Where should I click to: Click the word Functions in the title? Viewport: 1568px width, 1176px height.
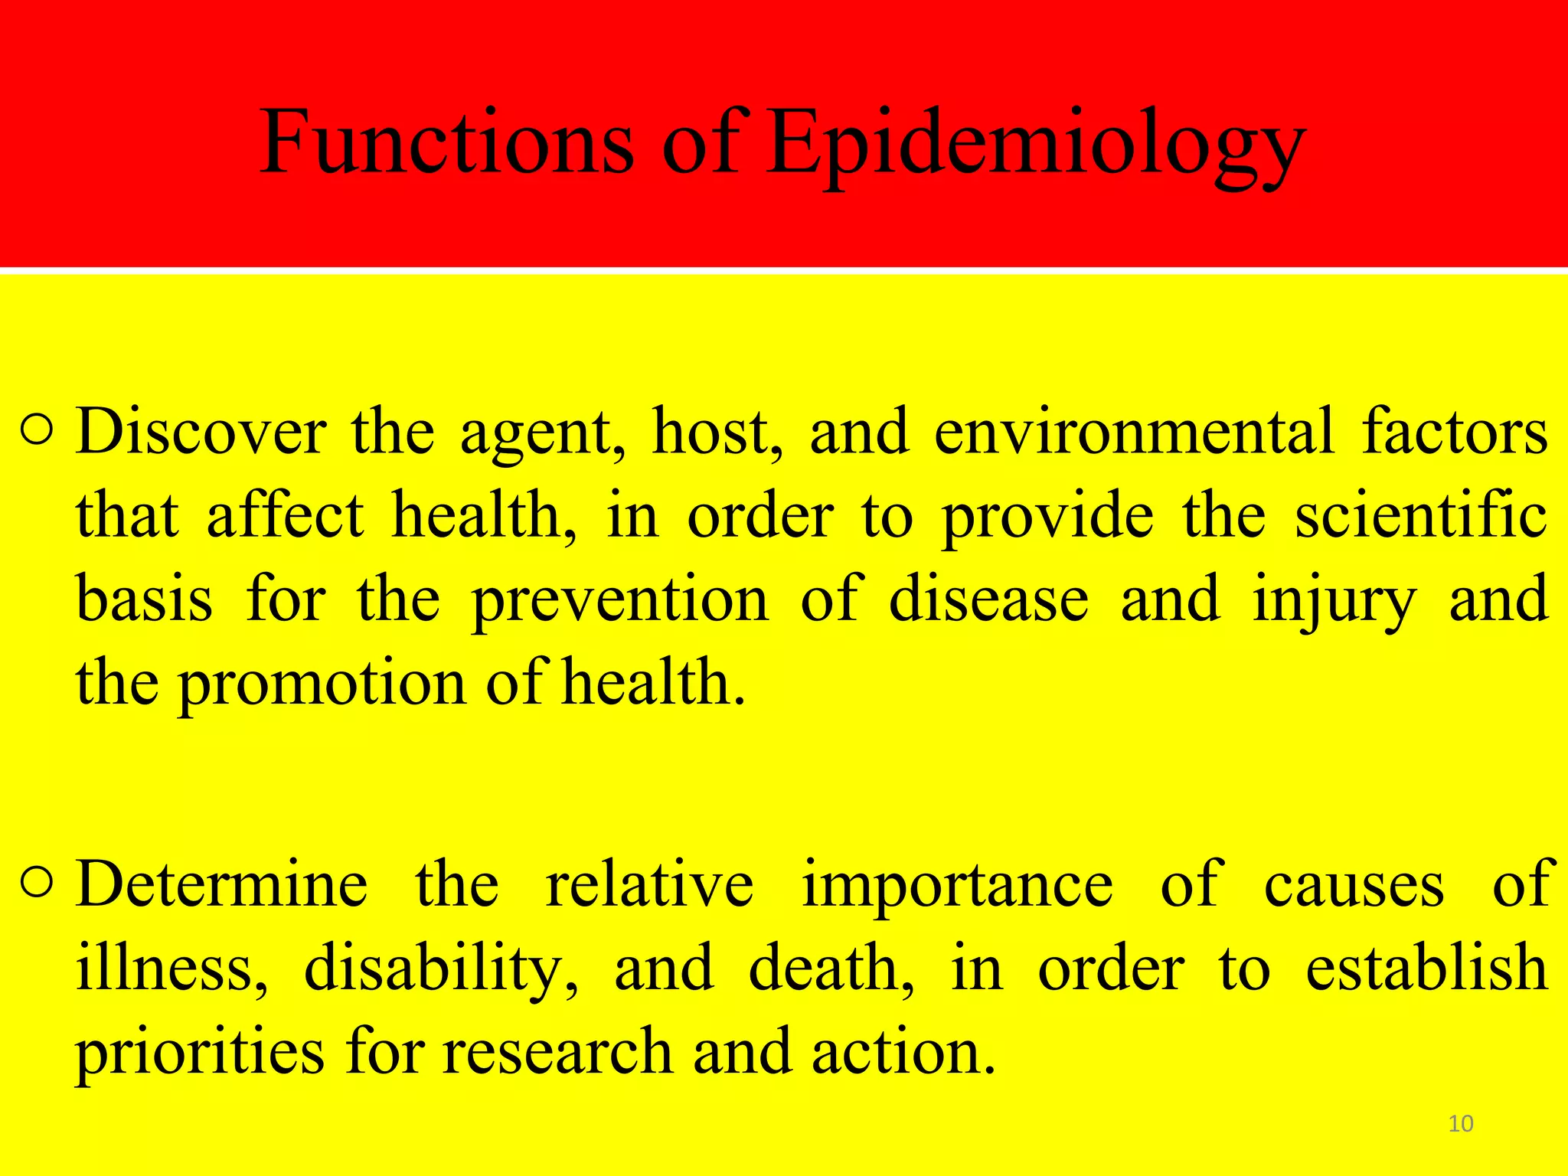pyautogui.click(x=447, y=143)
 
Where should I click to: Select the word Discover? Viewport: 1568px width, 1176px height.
pyautogui.click(x=201, y=433)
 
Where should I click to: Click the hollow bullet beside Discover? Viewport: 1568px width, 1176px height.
pyautogui.click(x=38, y=431)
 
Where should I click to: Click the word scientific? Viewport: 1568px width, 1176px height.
pyautogui.click(x=1421, y=516)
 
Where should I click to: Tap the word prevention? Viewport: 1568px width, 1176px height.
pyautogui.click(x=619, y=600)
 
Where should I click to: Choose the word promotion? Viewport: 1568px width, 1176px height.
pyautogui.click(x=322, y=684)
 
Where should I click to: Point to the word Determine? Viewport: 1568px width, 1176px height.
pyautogui.click(x=222, y=885)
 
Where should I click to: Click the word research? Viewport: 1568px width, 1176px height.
pyautogui.click(x=558, y=1052)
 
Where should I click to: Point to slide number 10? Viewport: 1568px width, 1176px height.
pyautogui.click(x=1461, y=1123)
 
